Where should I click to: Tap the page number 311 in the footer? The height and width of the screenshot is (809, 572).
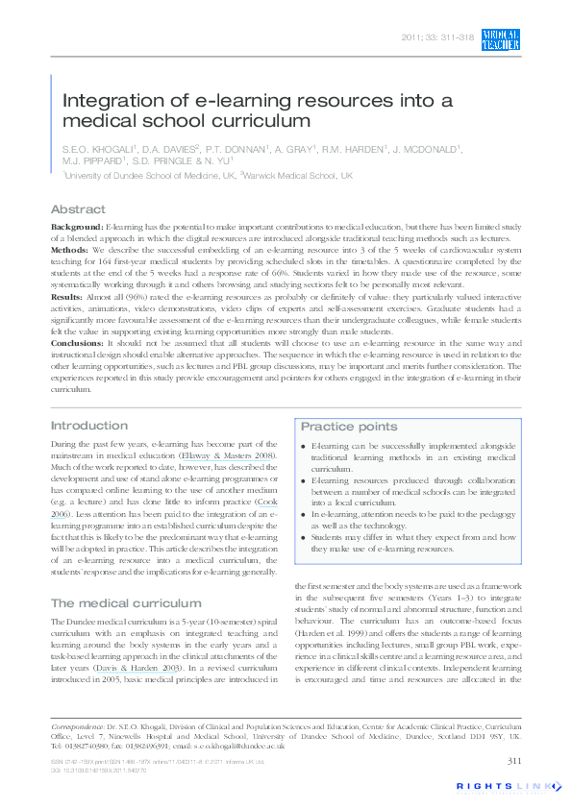coord(511,762)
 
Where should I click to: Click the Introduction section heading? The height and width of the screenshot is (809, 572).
coord(88,425)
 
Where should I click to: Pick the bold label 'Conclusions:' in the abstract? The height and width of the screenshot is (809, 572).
coord(78,342)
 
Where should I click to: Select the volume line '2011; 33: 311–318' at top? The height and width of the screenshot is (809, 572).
coord(435,38)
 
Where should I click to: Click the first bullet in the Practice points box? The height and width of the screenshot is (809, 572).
coord(305,447)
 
